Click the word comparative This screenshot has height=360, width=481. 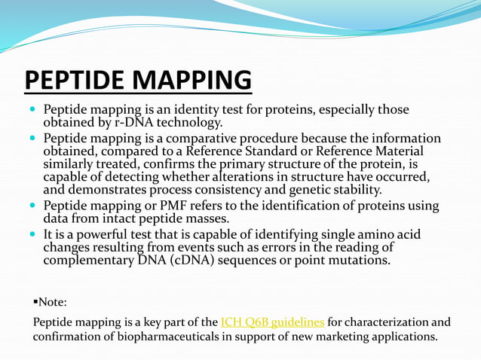point(195,139)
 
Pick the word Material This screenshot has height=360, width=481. point(405,151)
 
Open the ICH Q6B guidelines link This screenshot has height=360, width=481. point(272,322)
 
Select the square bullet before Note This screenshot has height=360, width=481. point(35,302)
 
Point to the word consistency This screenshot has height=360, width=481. point(244,189)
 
